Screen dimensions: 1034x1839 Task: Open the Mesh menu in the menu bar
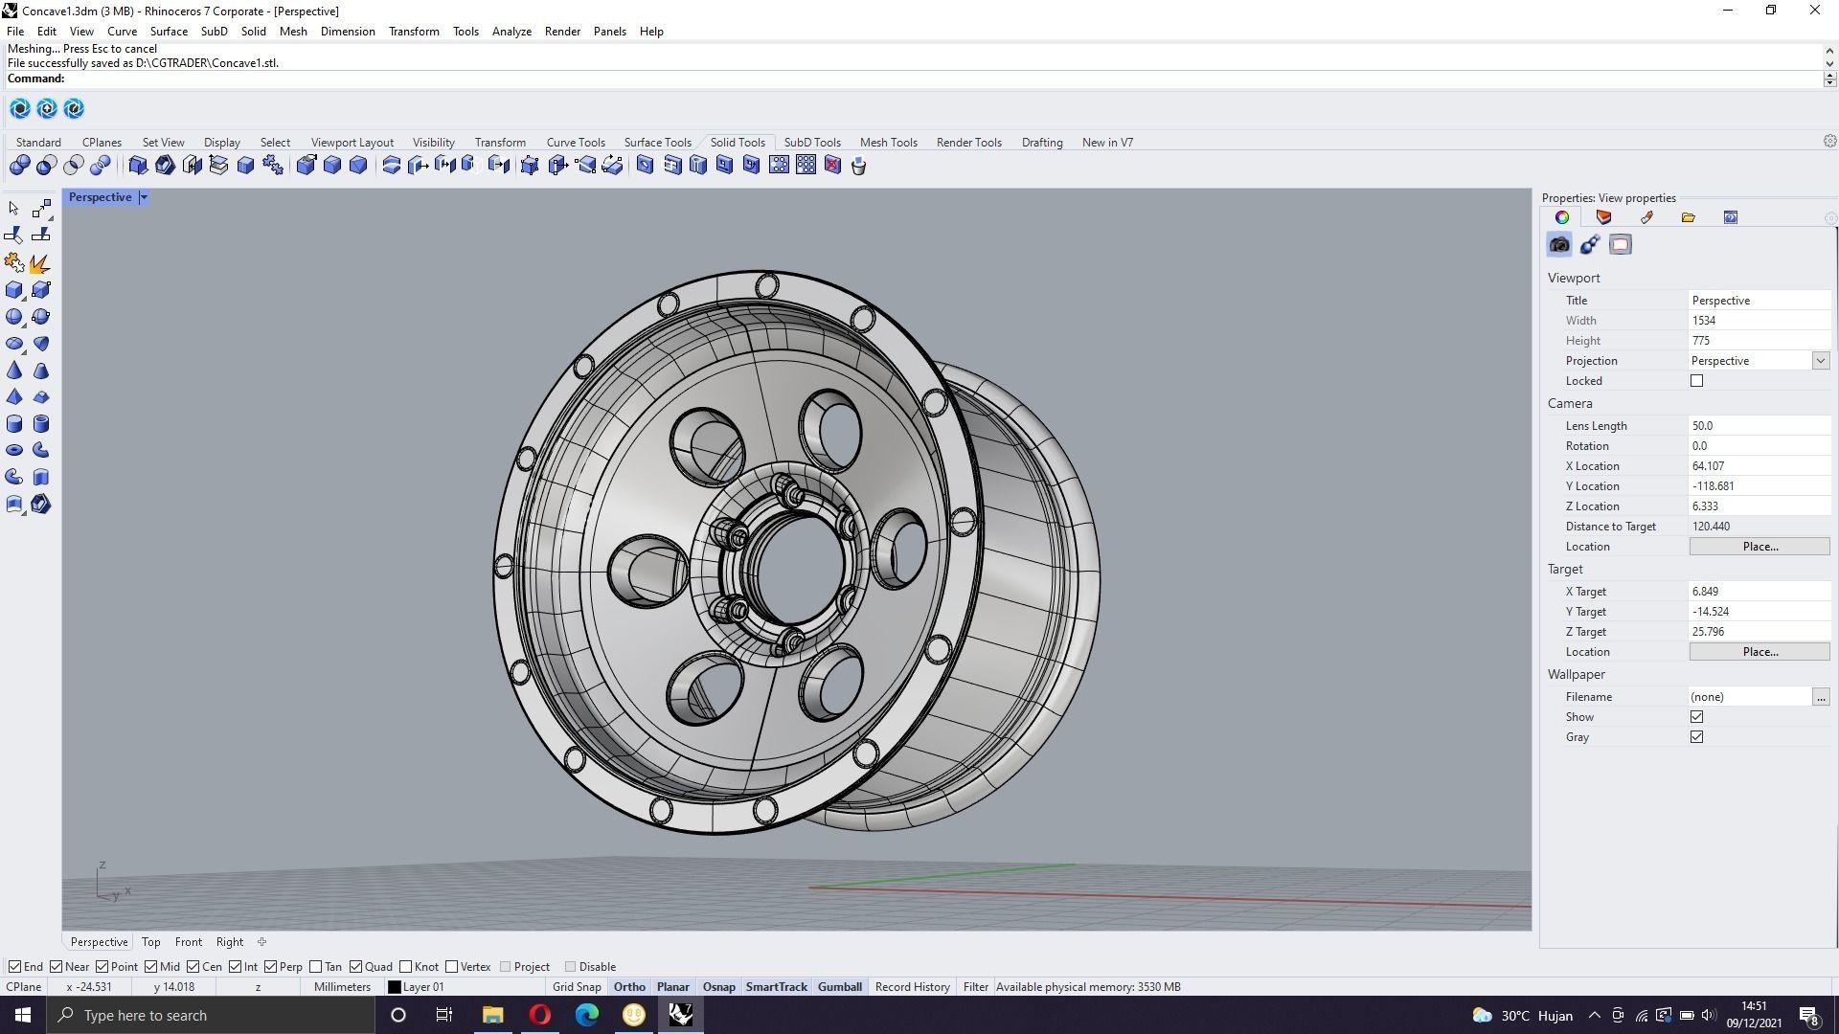(293, 32)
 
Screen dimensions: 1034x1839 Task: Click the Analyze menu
(511, 32)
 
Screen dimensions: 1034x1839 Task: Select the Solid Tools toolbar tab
(738, 143)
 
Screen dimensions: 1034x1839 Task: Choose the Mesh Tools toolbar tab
(888, 143)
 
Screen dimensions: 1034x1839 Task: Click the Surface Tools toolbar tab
(657, 143)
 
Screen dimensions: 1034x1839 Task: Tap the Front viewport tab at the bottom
(188, 942)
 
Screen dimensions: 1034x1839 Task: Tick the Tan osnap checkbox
(316, 967)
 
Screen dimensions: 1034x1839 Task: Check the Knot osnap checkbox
(406, 967)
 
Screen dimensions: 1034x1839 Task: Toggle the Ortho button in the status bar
(629, 987)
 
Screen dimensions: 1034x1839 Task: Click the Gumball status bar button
(839, 987)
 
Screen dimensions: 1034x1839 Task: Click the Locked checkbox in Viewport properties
(1696, 381)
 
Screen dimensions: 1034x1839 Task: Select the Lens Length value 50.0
(1758, 426)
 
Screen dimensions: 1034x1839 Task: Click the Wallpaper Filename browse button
(1820, 697)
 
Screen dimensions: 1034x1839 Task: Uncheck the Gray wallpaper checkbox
(1696, 737)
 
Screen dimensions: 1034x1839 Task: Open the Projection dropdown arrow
(1820, 361)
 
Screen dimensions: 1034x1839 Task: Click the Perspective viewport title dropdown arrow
(144, 197)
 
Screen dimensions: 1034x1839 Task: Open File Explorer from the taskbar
(492, 1015)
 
